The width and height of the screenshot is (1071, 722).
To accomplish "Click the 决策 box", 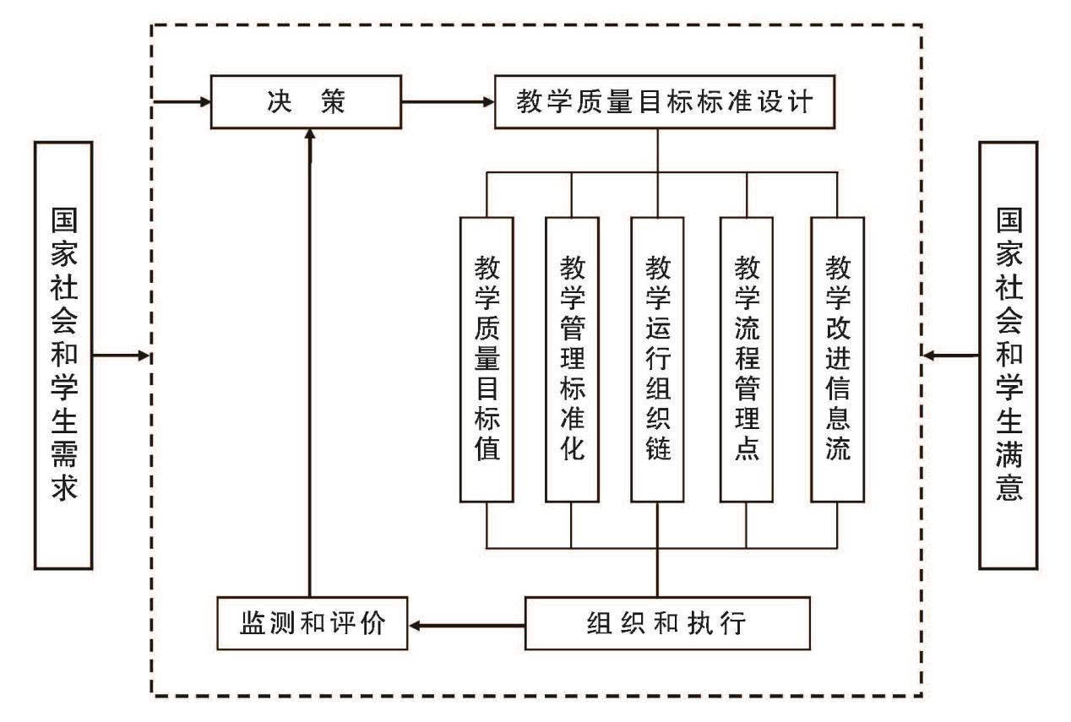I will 307,103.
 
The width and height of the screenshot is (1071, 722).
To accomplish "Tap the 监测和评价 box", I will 313,624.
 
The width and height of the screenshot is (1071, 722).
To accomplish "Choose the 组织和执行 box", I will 667,624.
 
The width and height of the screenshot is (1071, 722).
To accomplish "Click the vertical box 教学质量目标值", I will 487,359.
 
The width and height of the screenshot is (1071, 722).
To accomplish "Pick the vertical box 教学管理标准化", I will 572,359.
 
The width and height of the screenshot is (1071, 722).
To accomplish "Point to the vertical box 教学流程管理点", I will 746,359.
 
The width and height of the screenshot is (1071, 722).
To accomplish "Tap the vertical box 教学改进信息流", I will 836,359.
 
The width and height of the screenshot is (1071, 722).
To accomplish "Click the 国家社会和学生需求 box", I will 63,355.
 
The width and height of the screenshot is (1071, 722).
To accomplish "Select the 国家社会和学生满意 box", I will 1007,355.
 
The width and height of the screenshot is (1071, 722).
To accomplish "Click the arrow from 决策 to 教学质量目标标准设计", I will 449,103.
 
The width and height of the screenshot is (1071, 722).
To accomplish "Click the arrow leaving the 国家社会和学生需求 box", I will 122,356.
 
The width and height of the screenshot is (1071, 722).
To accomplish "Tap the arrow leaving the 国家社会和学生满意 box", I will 951,356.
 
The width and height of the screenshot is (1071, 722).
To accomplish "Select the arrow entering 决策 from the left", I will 182,103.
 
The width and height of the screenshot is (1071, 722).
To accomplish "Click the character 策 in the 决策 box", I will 334,103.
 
